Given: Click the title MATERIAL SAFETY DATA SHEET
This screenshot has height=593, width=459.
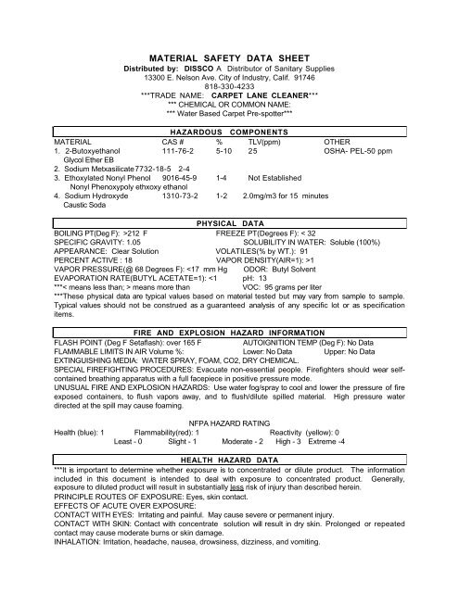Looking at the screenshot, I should (x=229, y=56).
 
